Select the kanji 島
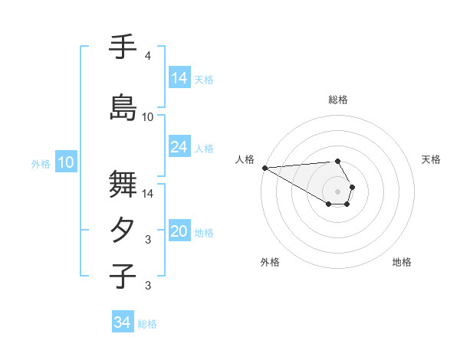pyautogui.click(x=123, y=106)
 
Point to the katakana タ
pyautogui.click(x=123, y=231)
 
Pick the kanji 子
pyautogui.click(x=123, y=277)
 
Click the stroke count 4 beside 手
pyautogui.click(x=148, y=56)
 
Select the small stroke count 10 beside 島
pyautogui.click(x=148, y=117)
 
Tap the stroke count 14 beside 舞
pyautogui.click(x=148, y=193)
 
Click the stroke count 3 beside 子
pyautogui.click(x=148, y=286)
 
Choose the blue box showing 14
pyautogui.click(x=179, y=77)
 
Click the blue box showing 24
pyautogui.click(x=179, y=147)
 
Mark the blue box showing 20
pyautogui.click(x=179, y=231)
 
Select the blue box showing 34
pyautogui.click(x=123, y=322)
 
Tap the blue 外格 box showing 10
pyautogui.click(x=66, y=162)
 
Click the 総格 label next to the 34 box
pyautogui.click(x=147, y=324)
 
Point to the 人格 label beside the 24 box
pyautogui.click(x=204, y=148)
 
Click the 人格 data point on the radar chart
pyautogui.click(x=264, y=168)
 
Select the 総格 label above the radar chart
pyautogui.click(x=337, y=100)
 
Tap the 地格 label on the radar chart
pyautogui.click(x=402, y=262)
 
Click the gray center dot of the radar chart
pyautogui.click(x=337, y=191)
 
